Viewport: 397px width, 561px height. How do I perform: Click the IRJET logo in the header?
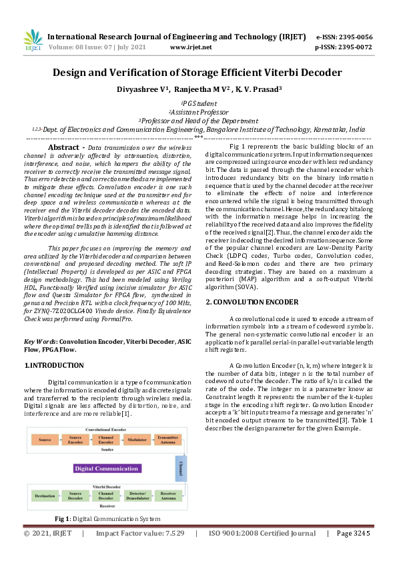click(x=33, y=41)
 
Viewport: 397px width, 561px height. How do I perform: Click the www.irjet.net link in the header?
click(x=191, y=47)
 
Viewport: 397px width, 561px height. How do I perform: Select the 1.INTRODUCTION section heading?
click(x=54, y=365)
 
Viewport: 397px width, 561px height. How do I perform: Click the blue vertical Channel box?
click(x=180, y=469)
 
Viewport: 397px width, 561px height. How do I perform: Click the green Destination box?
click(x=45, y=496)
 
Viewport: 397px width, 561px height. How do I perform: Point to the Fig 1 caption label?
click(x=63, y=518)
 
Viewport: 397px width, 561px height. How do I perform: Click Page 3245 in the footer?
click(x=353, y=534)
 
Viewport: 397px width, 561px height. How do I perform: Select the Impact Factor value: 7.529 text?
click(x=139, y=534)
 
